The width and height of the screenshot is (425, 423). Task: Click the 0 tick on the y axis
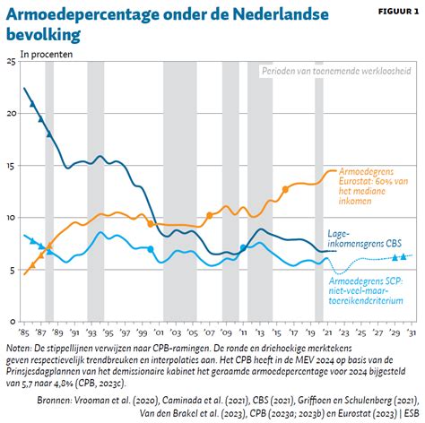tap(13, 322)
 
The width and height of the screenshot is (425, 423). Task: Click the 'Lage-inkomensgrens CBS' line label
tap(366, 237)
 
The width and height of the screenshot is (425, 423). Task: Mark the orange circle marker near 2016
tap(285, 189)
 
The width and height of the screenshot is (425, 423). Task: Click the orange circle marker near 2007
tap(210, 215)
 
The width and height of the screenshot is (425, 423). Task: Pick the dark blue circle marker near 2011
tap(244, 248)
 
